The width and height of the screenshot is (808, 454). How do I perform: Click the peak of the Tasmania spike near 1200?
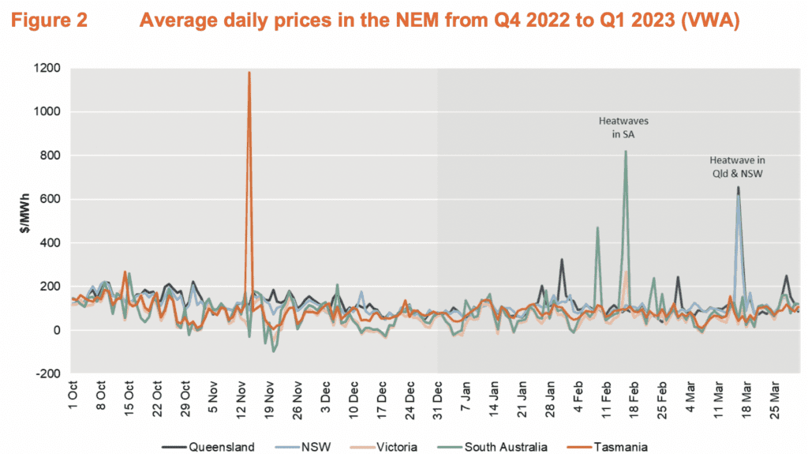(249, 73)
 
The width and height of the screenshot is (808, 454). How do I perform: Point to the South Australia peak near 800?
(626, 152)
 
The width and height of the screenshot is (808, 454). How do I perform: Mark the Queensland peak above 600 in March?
(739, 188)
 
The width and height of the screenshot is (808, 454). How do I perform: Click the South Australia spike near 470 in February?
(597, 227)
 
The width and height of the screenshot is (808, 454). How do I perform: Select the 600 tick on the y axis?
(50, 199)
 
